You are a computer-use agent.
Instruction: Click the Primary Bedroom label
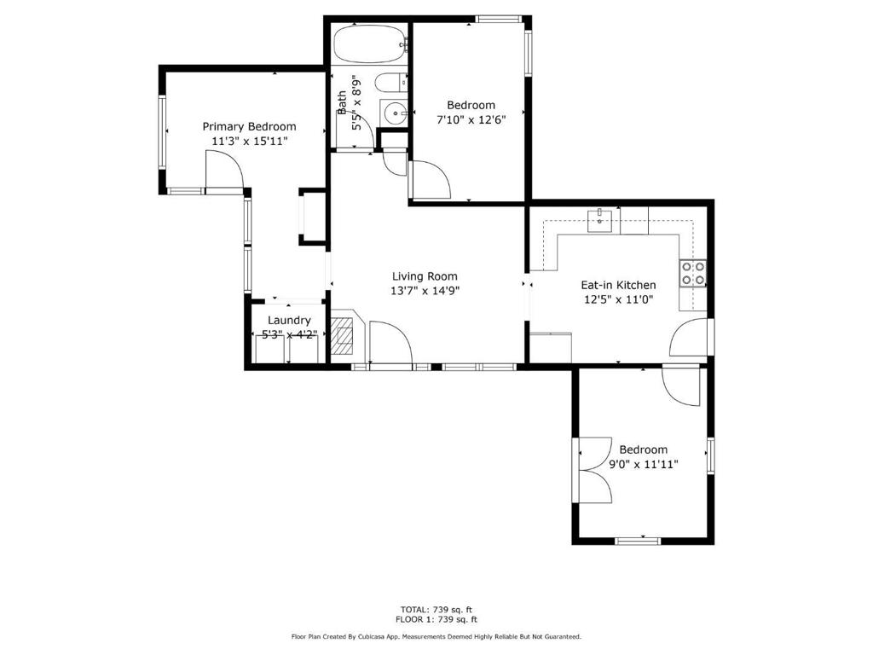coord(249,127)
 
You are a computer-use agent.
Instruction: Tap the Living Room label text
coord(425,276)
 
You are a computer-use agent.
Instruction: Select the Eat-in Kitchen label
coord(618,285)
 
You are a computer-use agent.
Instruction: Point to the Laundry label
coord(289,321)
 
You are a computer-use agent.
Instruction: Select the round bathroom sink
coord(396,113)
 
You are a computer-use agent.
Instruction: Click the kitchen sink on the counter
coord(599,220)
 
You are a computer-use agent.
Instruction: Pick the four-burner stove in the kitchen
coord(692,274)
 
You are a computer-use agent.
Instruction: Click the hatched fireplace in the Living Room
coord(343,336)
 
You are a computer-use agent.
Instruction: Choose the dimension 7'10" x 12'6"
coord(471,119)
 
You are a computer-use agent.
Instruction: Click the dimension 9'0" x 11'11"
coord(643,464)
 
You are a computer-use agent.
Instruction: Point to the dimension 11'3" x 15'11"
coord(250,141)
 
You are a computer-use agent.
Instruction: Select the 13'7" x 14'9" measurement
coord(425,290)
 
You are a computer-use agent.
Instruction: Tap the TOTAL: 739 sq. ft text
coord(436,609)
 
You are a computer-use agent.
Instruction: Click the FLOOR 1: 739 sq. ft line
coord(436,619)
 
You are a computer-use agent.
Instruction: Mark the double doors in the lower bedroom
coord(596,471)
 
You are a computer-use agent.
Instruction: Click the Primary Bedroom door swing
coord(224,171)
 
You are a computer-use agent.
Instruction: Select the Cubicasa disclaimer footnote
coord(436,636)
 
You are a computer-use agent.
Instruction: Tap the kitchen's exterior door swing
coord(689,338)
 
